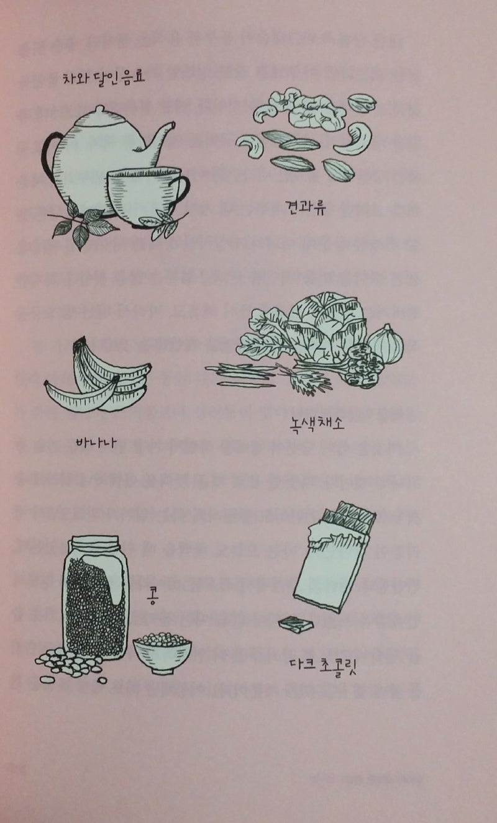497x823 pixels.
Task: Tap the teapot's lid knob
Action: (99, 109)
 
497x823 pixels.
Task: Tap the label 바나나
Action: (95, 443)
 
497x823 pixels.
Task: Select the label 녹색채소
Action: (317, 424)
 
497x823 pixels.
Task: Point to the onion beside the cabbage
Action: (386, 344)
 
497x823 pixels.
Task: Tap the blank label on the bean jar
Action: (104, 578)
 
